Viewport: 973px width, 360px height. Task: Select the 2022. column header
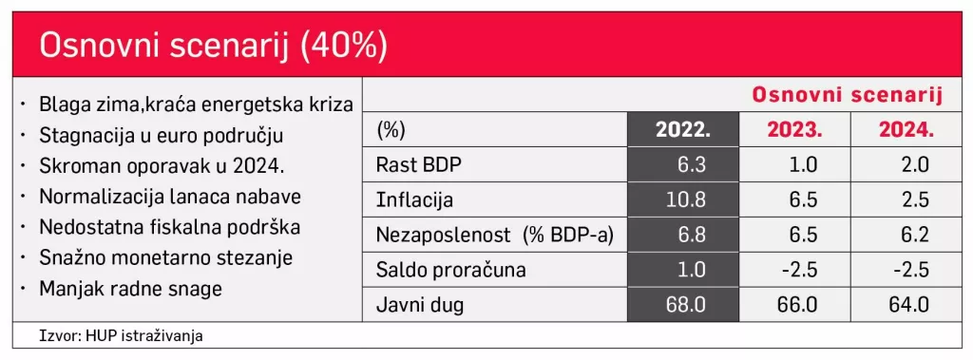(x=682, y=130)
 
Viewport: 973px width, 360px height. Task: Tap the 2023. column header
(x=794, y=130)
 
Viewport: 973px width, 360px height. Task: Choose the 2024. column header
(x=906, y=130)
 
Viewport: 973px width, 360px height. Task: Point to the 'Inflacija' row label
(x=415, y=200)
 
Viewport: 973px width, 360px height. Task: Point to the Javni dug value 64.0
(x=909, y=305)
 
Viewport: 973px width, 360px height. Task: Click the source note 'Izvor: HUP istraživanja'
(x=122, y=336)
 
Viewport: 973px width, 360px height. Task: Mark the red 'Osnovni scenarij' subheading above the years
(x=847, y=95)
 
